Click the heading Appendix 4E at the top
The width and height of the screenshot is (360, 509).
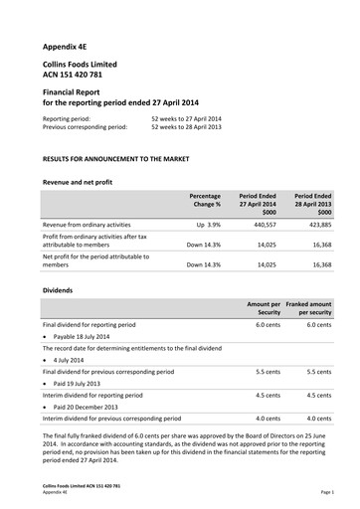point(69,47)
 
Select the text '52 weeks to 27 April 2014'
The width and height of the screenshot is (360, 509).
point(186,118)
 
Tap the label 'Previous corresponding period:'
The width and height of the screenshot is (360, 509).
point(85,127)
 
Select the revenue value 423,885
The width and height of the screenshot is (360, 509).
point(316,226)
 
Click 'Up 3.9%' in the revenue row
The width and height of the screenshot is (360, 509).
point(205,226)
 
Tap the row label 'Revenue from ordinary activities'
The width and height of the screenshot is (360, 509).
point(87,226)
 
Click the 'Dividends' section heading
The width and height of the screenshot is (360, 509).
point(58,289)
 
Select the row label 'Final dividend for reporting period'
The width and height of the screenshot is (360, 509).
point(90,325)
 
